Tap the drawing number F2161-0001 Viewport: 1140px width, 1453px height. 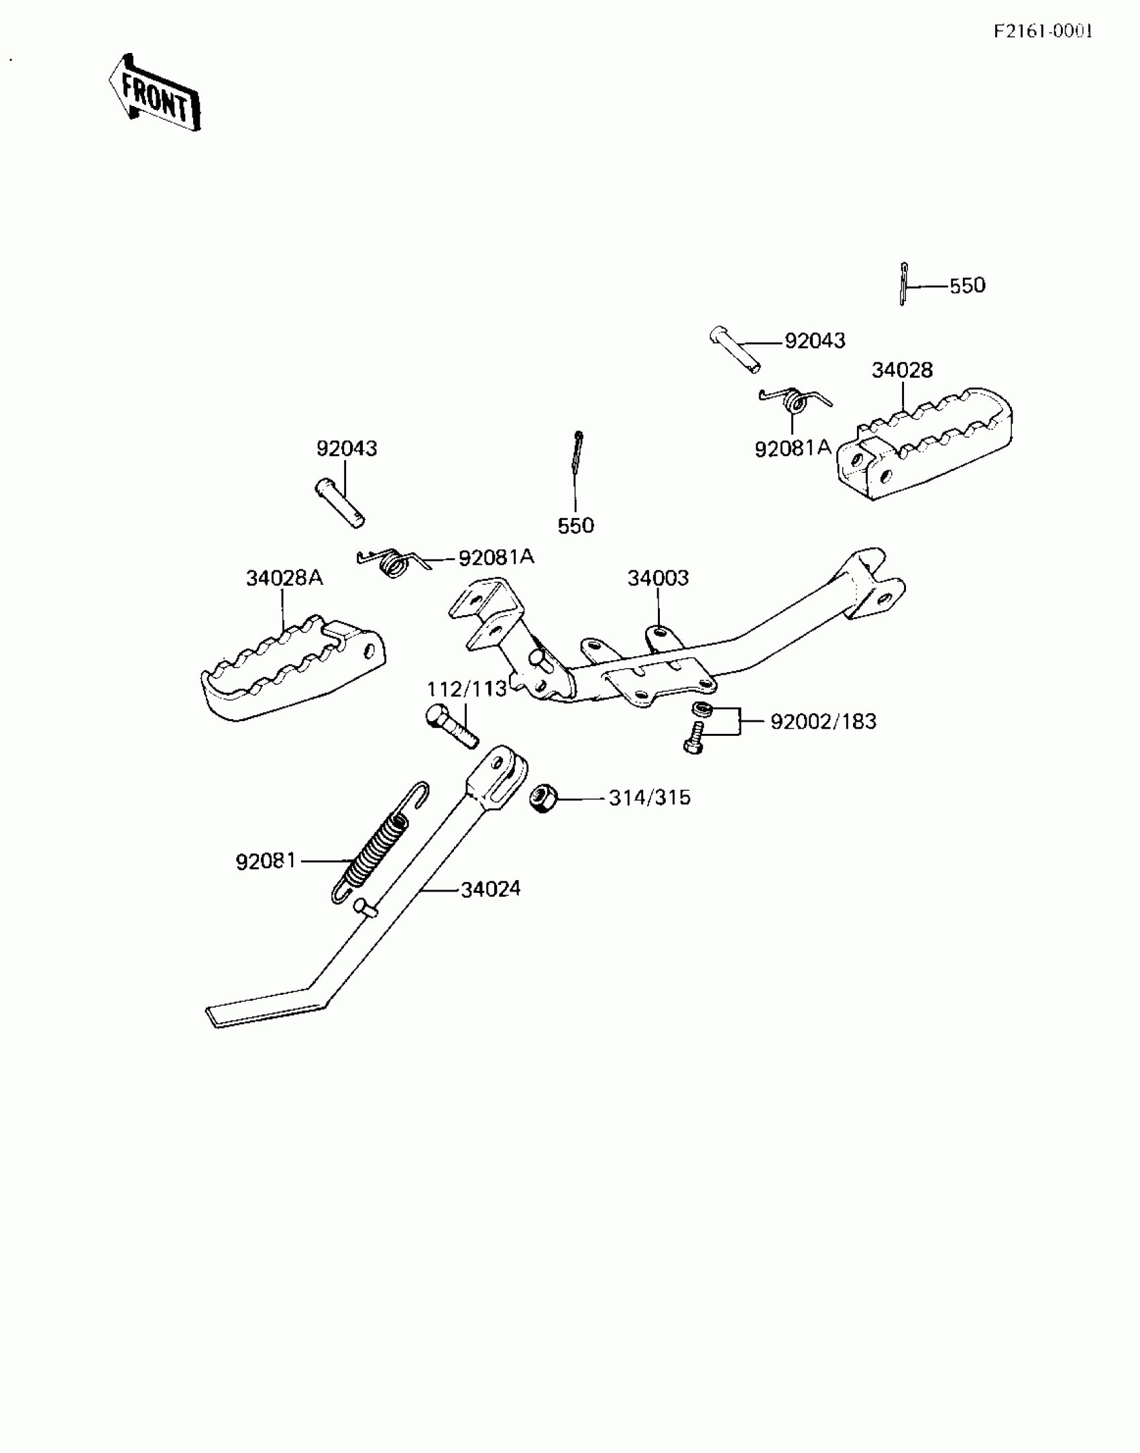(1043, 32)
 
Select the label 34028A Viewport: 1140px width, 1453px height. (284, 578)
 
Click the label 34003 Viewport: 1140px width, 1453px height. (658, 578)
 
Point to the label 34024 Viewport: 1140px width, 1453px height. (491, 890)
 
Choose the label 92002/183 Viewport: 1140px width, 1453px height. (823, 722)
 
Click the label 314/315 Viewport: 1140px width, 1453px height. (649, 798)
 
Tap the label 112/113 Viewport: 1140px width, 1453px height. (467, 689)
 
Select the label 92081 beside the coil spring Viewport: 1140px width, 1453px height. (266, 861)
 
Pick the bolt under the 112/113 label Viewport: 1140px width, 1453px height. (452, 726)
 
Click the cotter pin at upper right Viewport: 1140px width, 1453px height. (904, 284)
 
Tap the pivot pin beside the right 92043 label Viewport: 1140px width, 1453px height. (735, 349)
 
